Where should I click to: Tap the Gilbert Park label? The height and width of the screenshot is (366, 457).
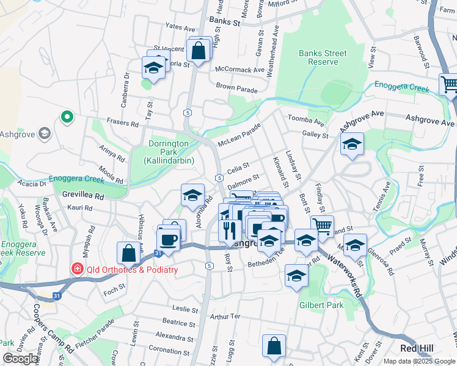coord(321,305)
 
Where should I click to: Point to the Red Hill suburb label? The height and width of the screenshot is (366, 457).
coord(417,348)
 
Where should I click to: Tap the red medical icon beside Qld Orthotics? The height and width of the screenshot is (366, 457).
coord(78,269)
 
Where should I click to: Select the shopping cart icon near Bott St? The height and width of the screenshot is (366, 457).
coord(322,226)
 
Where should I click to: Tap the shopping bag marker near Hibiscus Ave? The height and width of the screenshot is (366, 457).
coord(129,253)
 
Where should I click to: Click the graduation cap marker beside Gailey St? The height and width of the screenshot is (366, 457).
coord(351,145)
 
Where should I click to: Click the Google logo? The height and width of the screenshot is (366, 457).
coord(20,359)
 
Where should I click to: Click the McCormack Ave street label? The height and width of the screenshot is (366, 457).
coord(240,70)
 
